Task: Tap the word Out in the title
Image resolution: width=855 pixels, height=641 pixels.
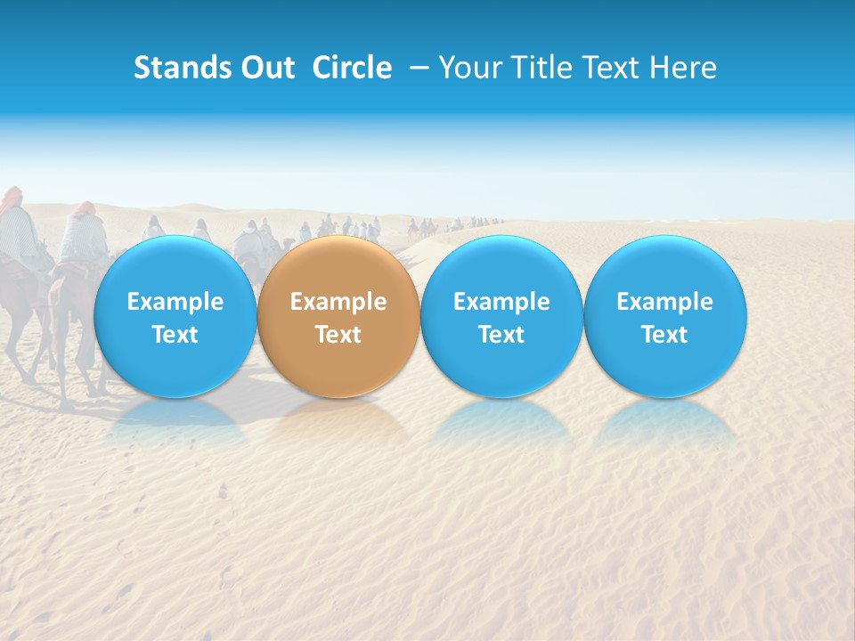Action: pos(265,68)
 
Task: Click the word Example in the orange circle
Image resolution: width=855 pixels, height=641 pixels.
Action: pos(338,302)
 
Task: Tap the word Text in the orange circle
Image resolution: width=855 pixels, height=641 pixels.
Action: pos(338,335)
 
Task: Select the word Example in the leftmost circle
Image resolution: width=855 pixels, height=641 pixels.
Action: pos(175,302)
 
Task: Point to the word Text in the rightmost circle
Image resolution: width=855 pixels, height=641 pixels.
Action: pos(664,335)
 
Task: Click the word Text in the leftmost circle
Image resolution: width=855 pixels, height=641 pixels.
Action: pos(175,335)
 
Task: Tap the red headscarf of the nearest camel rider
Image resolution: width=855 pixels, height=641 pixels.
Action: pos(83,209)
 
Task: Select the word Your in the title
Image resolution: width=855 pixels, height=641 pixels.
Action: pos(469,68)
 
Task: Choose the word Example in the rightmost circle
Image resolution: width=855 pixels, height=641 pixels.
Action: pos(664,302)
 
